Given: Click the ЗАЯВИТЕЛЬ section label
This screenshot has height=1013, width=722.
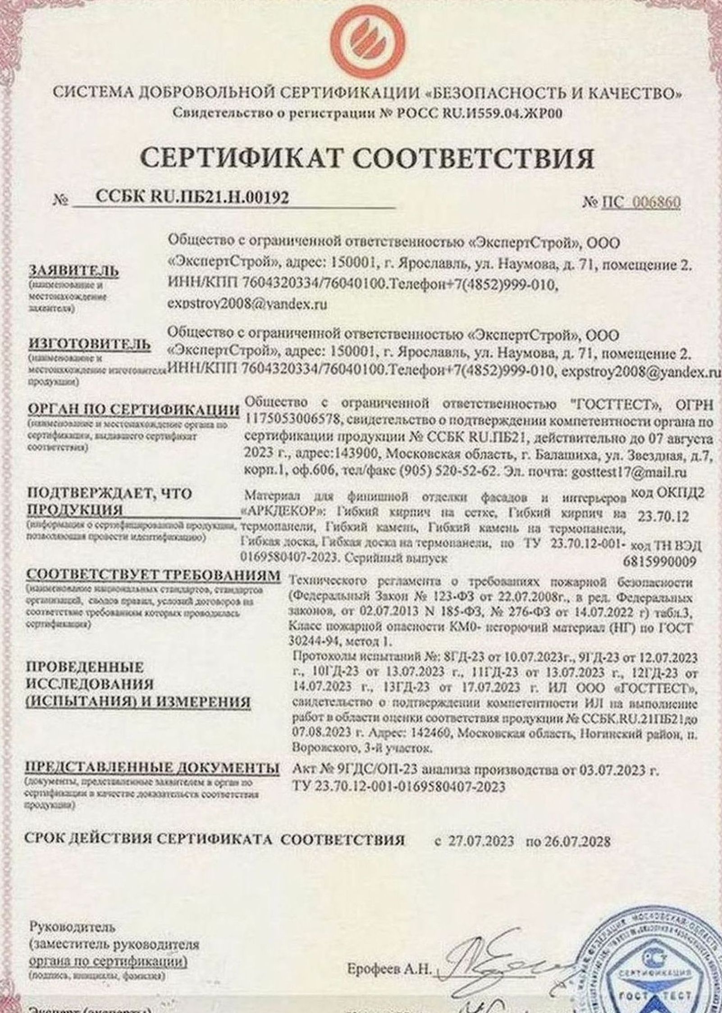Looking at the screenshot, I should click(74, 271).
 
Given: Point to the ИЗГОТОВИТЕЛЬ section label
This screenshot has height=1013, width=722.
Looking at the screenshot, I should click(90, 344).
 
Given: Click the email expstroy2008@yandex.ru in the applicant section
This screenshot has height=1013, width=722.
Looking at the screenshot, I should click(247, 305).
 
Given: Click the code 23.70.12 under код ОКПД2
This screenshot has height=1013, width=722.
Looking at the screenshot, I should click(663, 518).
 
